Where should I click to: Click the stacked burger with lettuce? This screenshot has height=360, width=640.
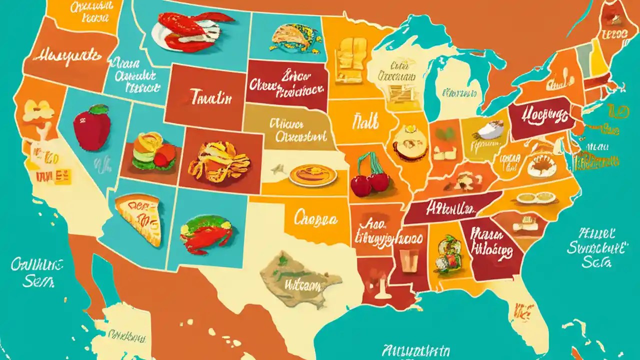[153, 150]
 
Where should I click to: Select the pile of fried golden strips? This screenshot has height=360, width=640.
[219, 161]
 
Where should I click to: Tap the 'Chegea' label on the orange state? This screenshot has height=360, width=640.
[315, 218]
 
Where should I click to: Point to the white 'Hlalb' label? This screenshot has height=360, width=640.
[365, 120]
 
